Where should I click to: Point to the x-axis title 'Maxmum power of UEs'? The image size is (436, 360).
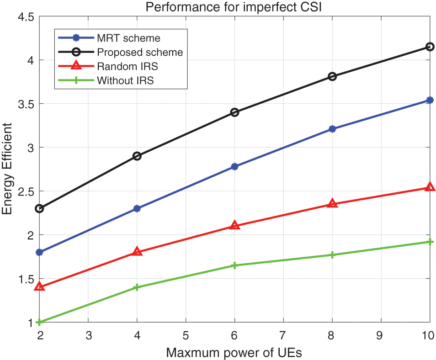(x=234, y=353)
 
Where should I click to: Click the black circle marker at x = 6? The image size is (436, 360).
(x=234, y=112)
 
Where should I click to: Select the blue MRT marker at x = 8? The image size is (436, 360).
(x=332, y=129)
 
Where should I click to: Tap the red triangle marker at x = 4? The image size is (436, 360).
(x=137, y=251)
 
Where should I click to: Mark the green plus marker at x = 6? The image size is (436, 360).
(x=234, y=265)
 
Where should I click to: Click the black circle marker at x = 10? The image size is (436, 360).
(x=430, y=47)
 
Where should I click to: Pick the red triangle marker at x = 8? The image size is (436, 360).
(x=332, y=204)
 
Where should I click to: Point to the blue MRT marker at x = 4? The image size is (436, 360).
(x=137, y=209)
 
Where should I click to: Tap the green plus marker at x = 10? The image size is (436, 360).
(x=430, y=242)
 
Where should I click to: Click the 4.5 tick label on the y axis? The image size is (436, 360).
(x=26, y=17)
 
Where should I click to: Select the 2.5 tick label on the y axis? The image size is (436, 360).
(x=26, y=191)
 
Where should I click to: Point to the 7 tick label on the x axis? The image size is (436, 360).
(x=283, y=335)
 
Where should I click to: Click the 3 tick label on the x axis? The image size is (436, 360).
(x=88, y=335)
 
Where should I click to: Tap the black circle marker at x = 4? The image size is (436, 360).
(x=137, y=156)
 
